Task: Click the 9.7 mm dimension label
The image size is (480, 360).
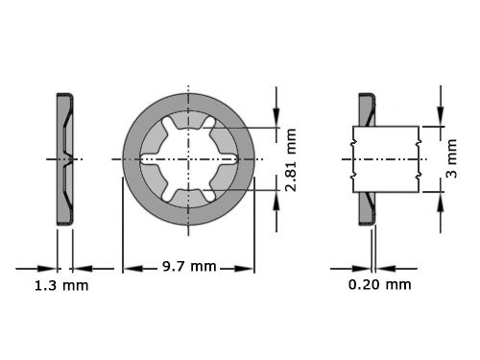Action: (x=188, y=266)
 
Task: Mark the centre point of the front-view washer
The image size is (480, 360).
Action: (x=188, y=157)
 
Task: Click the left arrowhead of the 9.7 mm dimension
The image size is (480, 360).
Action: (x=129, y=268)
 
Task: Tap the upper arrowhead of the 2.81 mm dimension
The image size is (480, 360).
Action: (x=276, y=119)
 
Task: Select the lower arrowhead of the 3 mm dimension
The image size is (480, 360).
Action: (x=441, y=197)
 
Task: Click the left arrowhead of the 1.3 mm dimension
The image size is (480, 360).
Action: (x=51, y=268)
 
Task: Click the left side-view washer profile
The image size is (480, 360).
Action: (x=64, y=157)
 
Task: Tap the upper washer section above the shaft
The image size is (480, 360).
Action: (x=365, y=109)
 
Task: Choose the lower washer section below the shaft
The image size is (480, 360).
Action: (x=365, y=205)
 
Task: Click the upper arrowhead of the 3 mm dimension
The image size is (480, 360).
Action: (x=441, y=118)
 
